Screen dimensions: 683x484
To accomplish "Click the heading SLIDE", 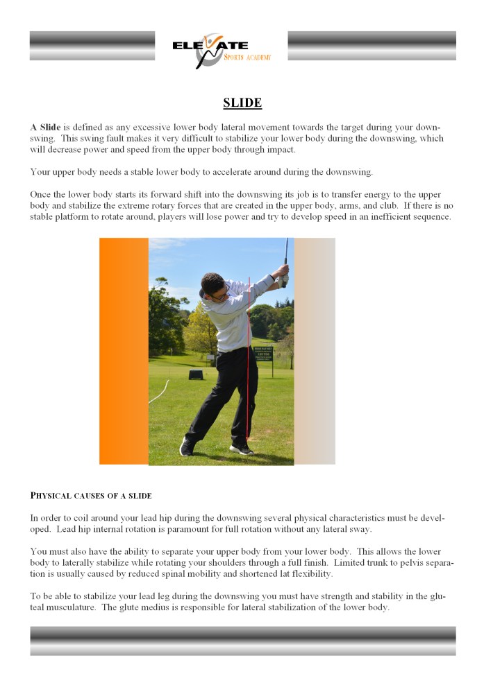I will [242, 103].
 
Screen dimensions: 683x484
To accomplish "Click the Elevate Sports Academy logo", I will [222, 51].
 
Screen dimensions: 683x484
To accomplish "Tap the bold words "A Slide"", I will [45, 128].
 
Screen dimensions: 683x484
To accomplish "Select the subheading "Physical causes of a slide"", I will [91, 496].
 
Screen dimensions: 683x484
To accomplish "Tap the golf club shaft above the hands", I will [285, 252].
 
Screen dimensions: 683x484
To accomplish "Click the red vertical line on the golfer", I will [248, 361].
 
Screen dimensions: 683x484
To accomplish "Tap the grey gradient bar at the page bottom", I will [242, 641].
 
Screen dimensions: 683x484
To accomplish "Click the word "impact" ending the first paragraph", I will [278, 149].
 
